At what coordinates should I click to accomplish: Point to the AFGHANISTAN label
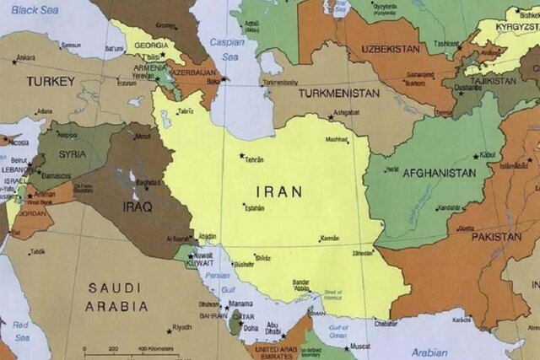coord(439,173)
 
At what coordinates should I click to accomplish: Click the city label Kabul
coord(489,155)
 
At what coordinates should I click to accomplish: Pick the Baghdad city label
coord(148,182)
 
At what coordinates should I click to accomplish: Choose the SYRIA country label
coord(72,154)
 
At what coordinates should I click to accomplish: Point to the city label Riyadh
coord(181,327)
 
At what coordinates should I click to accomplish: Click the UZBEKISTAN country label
coord(390,49)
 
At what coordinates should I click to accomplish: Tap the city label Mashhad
coord(337,139)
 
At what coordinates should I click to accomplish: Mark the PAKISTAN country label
coord(495,237)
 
